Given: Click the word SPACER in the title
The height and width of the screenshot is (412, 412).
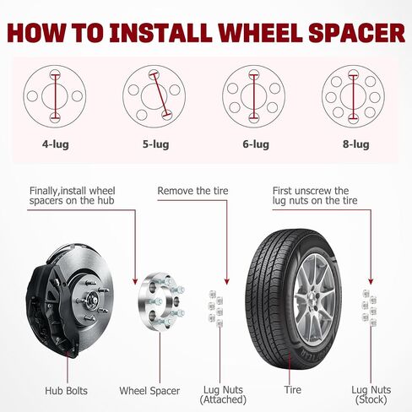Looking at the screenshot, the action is (x=357, y=33).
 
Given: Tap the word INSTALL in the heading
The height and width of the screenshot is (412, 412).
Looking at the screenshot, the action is (x=160, y=33).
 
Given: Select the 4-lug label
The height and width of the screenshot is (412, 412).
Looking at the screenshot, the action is (x=56, y=144).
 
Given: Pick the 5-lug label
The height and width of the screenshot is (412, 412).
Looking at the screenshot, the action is (x=155, y=144).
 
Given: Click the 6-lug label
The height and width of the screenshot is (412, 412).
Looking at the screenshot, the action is (x=256, y=144).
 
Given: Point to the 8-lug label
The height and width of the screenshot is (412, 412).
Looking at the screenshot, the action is (x=356, y=144).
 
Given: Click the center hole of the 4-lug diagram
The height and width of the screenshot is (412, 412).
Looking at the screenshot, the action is (x=55, y=96).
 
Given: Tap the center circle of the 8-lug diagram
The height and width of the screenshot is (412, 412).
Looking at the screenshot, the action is (x=353, y=96).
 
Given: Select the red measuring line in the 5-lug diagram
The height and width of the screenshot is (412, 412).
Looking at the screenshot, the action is (x=160, y=95).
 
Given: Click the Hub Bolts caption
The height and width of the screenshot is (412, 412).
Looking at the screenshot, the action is (x=66, y=391).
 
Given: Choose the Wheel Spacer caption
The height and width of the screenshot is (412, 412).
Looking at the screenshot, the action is (x=149, y=391).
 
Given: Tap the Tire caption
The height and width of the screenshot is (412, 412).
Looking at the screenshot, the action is (x=292, y=390).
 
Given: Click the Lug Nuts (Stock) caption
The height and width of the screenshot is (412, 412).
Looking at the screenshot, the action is (x=371, y=394).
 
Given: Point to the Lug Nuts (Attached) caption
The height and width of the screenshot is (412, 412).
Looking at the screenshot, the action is (x=223, y=394).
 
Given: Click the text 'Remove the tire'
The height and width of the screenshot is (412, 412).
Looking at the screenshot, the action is (x=192, y=191).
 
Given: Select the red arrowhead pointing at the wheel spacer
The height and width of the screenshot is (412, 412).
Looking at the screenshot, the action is (x=135, y=281).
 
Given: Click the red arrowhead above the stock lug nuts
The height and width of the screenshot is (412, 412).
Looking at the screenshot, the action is (x=371, y=281).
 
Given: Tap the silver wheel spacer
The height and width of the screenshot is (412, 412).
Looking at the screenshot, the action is (x=160, y=301).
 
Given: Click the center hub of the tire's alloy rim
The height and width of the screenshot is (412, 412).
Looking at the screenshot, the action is (x=312, y=299).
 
